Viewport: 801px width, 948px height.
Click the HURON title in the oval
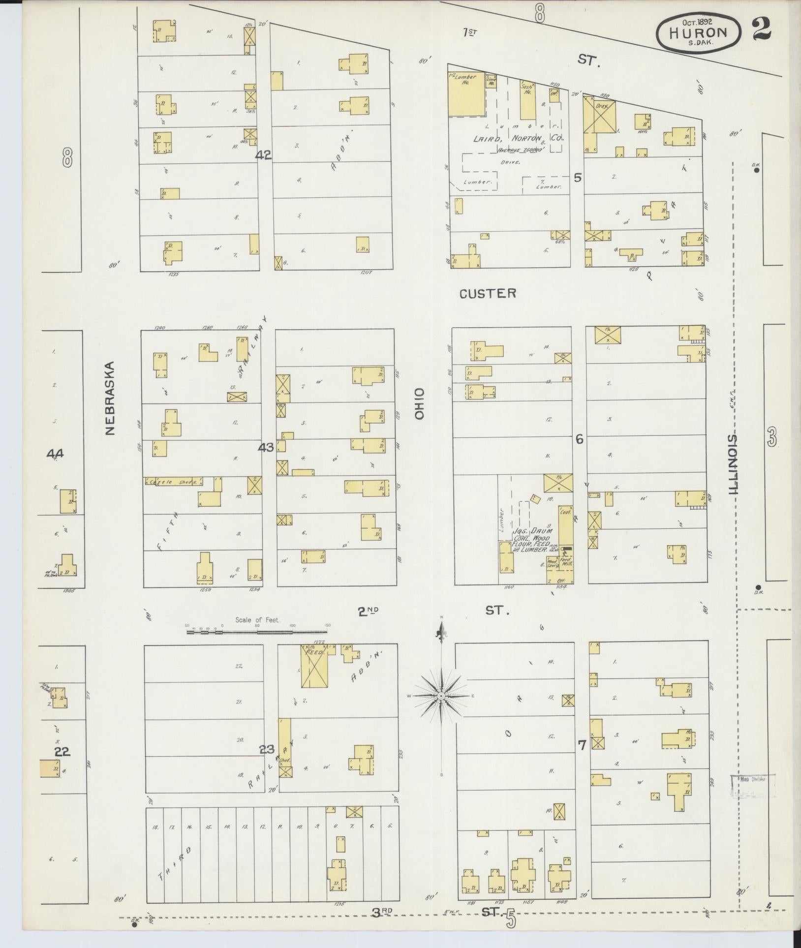click(698, 32)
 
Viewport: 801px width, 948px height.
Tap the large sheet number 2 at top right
click(761, 29)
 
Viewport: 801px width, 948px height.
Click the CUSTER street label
click(488, 294)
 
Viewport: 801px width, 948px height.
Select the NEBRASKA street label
click(109, 398)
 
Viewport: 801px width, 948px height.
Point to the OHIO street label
click(419, 403)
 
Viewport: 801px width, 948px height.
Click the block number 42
click(263, 155)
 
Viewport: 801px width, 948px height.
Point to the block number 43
click(266, 448)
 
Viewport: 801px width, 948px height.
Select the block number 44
click(54, 454)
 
